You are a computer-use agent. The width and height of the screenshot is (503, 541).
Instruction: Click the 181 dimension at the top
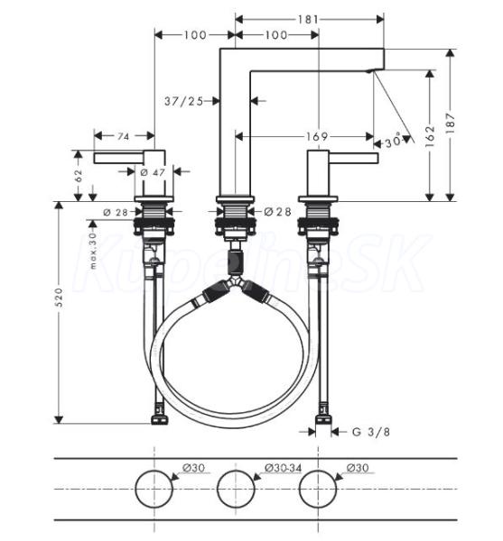307,19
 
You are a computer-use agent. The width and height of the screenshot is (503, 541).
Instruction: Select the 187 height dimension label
451,124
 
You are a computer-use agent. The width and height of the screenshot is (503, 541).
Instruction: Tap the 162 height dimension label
430,136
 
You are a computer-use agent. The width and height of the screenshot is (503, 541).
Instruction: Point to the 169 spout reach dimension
317,137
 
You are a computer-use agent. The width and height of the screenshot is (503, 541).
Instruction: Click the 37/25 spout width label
183,101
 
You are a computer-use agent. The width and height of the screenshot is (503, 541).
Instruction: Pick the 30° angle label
394,142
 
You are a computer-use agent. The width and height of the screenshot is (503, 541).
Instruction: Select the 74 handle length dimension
124,137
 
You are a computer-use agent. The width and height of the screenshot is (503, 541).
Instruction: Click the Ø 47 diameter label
153,172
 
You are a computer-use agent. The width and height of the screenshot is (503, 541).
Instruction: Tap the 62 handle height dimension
79,176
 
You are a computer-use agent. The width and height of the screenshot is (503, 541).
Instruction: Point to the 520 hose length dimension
59,298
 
